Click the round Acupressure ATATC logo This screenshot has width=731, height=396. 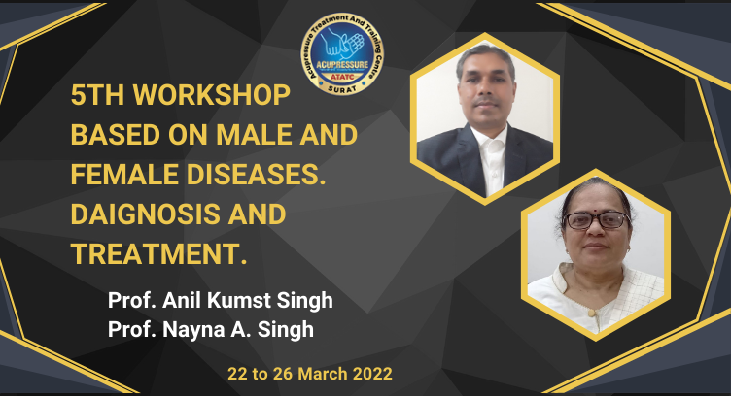[342, 54]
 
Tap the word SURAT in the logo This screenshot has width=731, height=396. [342, 89]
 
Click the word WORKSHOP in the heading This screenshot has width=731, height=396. [212, 95]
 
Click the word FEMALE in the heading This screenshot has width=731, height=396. [124, 175]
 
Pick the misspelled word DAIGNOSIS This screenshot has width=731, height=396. [145, 214]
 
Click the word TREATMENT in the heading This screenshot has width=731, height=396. [156, 253]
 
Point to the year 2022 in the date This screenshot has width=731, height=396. [372, 374]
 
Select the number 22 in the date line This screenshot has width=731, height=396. [237, 374]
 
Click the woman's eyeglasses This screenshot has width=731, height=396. [596, 219]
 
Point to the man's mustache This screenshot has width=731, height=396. [485, 101]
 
